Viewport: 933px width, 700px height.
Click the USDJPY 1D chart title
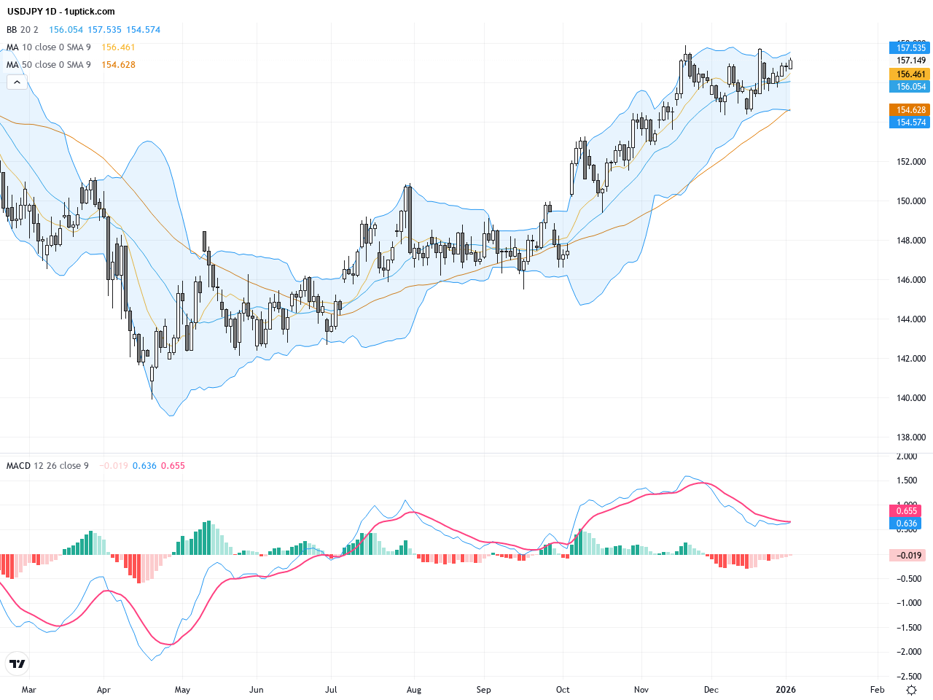[61, 12]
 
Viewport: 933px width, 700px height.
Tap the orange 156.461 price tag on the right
[910, 74]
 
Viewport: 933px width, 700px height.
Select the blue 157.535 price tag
[910, 48]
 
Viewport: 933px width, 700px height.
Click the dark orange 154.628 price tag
[910, 110]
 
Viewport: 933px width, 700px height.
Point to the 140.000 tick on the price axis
[910, 398]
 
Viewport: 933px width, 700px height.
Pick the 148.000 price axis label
[910, 241]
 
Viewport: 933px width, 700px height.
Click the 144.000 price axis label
[910, 319]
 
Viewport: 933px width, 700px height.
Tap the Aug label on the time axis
[414, 690]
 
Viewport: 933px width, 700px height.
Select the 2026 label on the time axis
[786, 690]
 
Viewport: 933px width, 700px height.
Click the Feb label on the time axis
[878, 690]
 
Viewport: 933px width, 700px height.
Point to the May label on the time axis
[182, 690]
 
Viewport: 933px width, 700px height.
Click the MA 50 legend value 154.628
[118, 65]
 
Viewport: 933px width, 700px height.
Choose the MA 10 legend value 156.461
[118, 47]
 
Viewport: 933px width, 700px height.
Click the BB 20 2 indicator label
[23, 30]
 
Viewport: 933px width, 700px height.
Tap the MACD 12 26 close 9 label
[47, 466]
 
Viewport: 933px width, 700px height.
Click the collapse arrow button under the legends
[17, 82]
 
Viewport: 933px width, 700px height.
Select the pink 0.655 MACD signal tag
[906, 511]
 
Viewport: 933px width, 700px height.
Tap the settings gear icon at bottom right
[911, 690]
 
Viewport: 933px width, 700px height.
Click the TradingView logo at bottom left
[17, 664]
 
